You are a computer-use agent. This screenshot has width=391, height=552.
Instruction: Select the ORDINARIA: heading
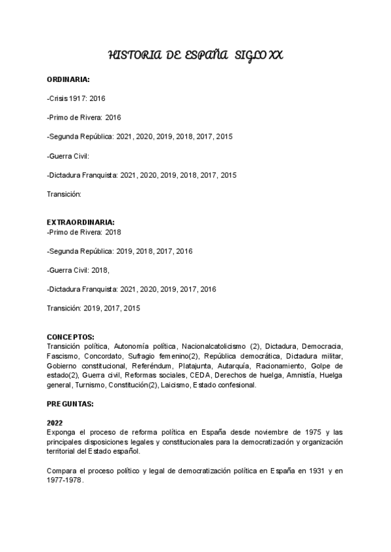(68, 79)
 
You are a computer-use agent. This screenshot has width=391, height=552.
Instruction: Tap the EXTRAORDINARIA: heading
(81, 222)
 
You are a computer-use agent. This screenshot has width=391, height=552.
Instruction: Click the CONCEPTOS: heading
(70, 337)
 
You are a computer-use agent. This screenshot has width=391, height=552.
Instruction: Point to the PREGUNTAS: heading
(70, 404)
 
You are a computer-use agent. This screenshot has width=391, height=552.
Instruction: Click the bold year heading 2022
(55, 422)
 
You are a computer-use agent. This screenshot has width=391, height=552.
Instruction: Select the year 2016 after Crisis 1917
(97, 98)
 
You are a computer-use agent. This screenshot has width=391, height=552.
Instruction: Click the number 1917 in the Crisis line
(78, 98)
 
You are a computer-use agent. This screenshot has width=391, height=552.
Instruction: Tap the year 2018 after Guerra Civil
(98, 269)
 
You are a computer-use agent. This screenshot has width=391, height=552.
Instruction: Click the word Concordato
(104, 357)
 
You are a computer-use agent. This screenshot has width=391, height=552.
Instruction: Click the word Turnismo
(90, 385)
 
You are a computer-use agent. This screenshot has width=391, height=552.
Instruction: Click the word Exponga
(62, 432)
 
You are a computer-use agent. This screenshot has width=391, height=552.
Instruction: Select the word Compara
(63, 470)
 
